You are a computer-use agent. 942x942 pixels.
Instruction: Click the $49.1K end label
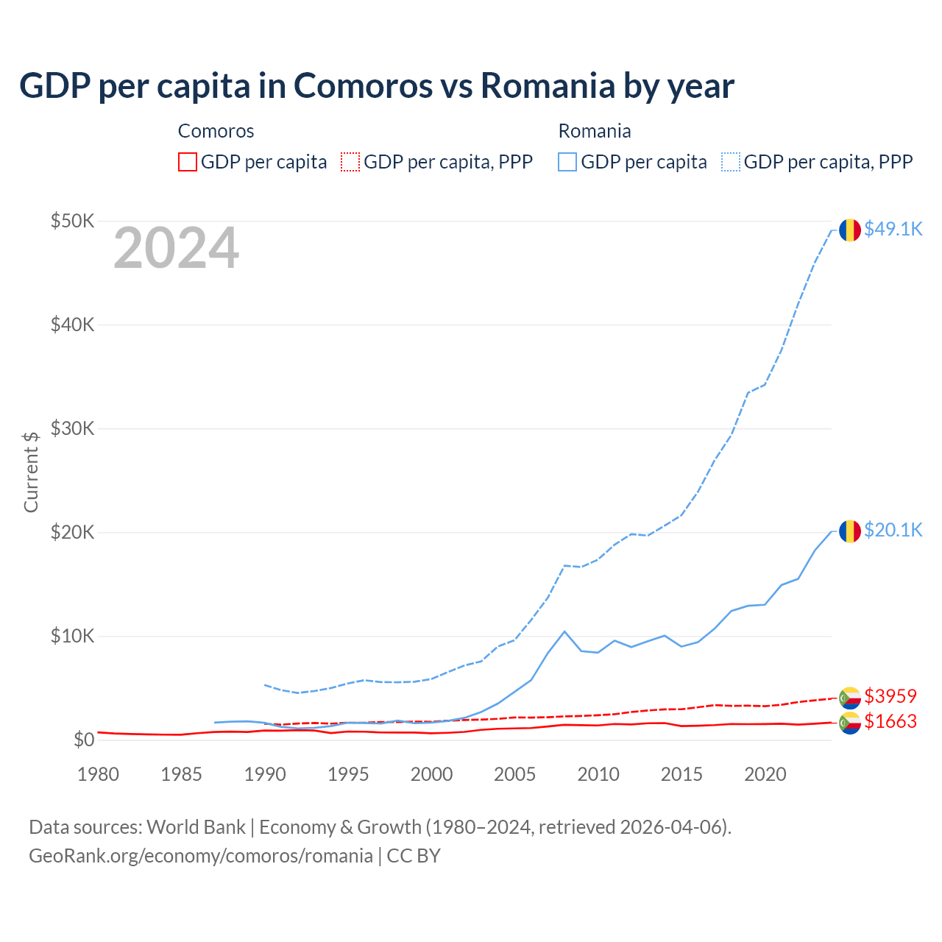point(893,230)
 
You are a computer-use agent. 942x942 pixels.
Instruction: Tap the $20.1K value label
point(893,531)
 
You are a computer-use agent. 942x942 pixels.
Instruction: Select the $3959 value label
point(890,696)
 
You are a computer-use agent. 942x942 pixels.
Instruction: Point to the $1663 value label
point(890,721)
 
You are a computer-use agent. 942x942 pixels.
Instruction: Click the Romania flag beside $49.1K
point(850,230)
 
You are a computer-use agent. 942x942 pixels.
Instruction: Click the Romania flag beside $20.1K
point(850,531)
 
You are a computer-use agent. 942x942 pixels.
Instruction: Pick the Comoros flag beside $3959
point(850,698)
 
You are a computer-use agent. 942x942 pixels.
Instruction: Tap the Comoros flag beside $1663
point(850,723)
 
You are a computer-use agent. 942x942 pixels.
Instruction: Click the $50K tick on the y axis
point(72,221)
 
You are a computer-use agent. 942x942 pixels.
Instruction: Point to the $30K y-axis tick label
point(72,428)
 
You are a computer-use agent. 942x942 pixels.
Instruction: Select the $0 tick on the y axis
point(84,740)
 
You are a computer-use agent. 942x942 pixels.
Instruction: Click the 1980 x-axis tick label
point(98,774)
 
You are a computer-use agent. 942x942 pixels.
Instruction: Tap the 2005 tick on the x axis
point(514,774)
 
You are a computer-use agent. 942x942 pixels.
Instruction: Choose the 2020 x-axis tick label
point(765,774)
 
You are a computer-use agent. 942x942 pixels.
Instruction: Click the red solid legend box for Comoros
point(188,162)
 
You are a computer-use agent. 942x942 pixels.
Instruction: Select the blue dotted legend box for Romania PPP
point(731,162)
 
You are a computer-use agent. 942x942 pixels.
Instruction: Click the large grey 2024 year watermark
point(176,249)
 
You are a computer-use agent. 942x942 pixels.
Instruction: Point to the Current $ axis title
point(31,472)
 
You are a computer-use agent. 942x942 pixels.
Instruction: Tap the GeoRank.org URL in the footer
point(201,856)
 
